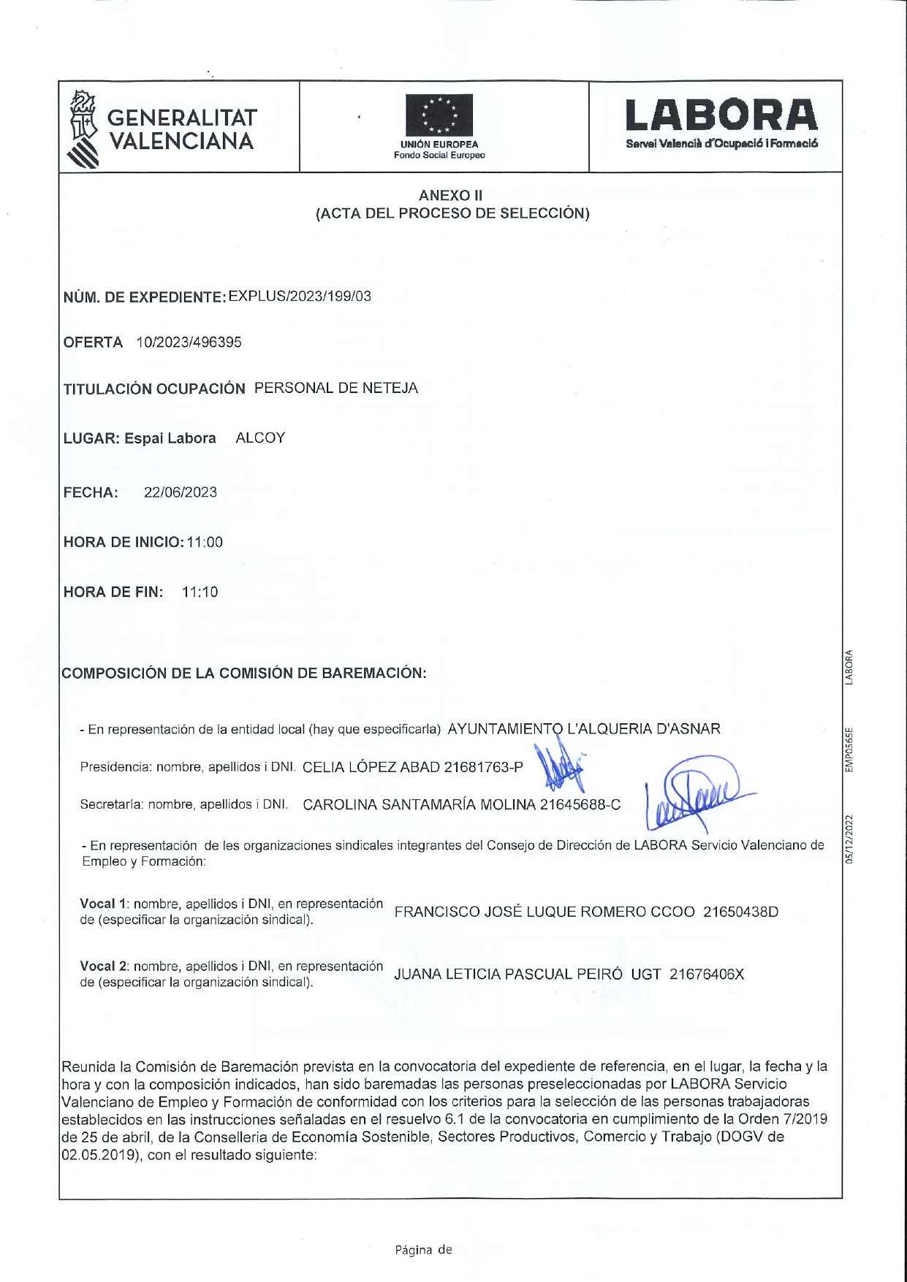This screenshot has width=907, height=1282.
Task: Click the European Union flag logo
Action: pos(439,116)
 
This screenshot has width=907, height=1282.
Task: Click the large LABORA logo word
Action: pos(721,116)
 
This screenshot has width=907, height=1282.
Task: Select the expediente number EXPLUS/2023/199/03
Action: pos(300,296)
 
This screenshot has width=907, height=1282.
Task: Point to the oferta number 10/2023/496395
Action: pos(189,343)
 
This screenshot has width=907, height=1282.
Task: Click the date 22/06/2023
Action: pos(181,492)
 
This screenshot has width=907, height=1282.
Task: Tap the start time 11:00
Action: pos(205,542)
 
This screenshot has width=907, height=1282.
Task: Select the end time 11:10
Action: pos(200,592)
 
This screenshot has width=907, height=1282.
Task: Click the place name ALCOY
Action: pos(260,438)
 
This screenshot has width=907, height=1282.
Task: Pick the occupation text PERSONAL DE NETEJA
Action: pos(336,388)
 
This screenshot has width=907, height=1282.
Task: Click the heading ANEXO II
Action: pos(450,195)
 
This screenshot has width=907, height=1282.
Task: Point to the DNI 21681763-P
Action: pos(484,767)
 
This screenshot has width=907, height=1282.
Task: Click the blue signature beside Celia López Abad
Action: pos(558,767)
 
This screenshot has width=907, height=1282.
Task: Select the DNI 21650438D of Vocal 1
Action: pos(740,912)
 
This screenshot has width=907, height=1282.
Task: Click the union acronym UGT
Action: pos(645,974)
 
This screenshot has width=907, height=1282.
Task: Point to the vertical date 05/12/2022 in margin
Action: pos(849,840)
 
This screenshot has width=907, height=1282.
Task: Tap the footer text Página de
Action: pos(423,1250)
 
